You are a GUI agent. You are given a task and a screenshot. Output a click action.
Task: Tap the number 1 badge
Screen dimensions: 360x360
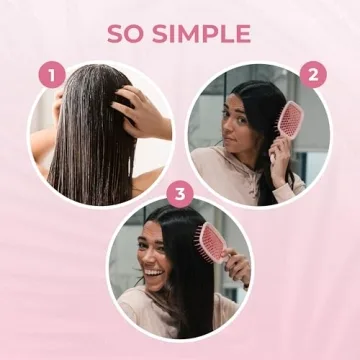pos(51,74)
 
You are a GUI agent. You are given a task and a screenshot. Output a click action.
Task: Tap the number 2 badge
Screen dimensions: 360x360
pos(313,74)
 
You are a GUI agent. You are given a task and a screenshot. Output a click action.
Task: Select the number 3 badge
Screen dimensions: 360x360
pos(180,192)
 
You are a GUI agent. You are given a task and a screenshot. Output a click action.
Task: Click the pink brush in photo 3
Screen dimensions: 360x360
pos(213,247)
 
